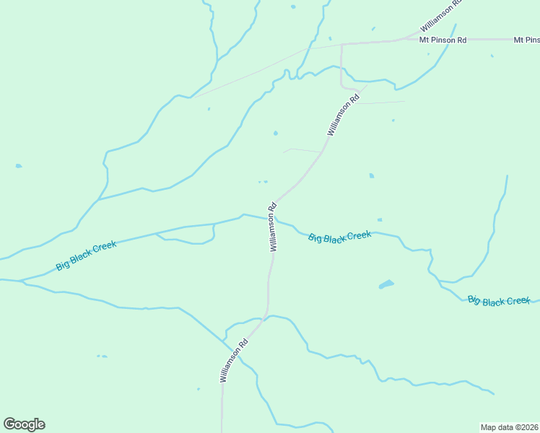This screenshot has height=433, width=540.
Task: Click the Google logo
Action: pos(24,424)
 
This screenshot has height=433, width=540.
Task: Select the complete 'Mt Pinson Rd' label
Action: pos(443,40)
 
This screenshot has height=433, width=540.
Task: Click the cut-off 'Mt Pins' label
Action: pos(526,40)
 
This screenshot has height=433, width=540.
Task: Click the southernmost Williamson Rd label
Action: pos(234,360)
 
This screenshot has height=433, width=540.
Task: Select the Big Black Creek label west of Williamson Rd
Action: pos(86,255)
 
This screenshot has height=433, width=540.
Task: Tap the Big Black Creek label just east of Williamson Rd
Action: pos(339,237)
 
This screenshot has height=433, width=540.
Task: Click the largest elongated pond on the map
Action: pos(386,284)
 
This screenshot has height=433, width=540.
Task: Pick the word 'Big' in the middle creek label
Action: pos(315,238)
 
